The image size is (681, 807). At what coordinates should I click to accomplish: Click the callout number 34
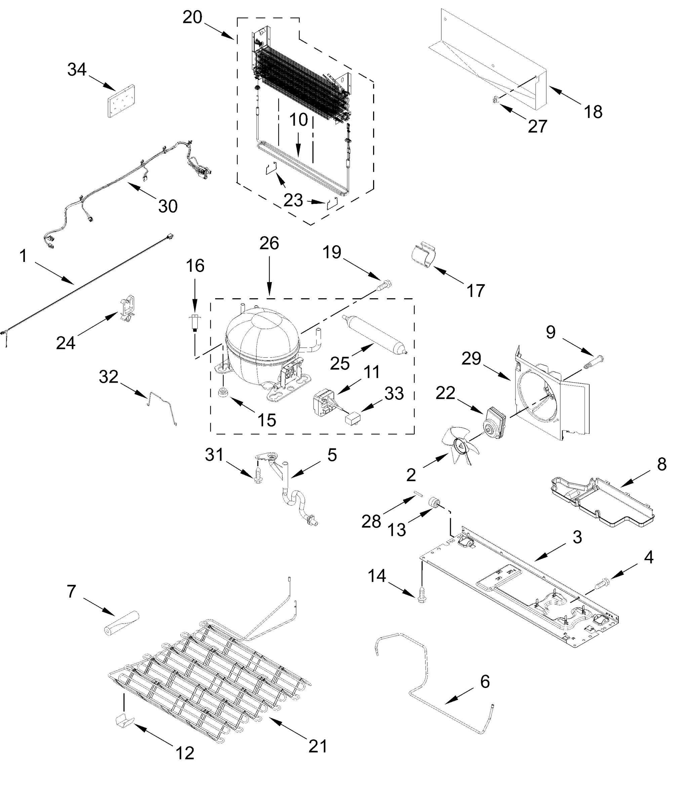click(x=77, y=70)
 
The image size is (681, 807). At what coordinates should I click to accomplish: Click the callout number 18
click(x=593, y=112)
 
